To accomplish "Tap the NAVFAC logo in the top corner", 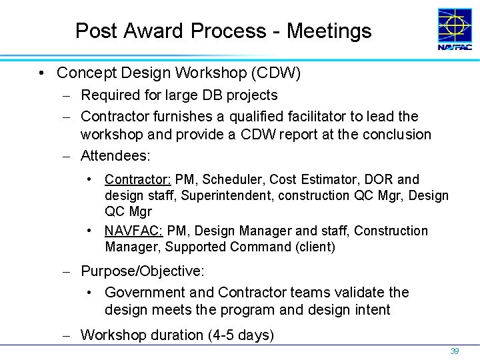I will click(455, 29).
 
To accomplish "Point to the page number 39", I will click(455, 351).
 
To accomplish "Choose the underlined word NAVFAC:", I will click(133, 231).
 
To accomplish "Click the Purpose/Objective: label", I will click(143, 271).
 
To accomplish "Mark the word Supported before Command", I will click(195, 247).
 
